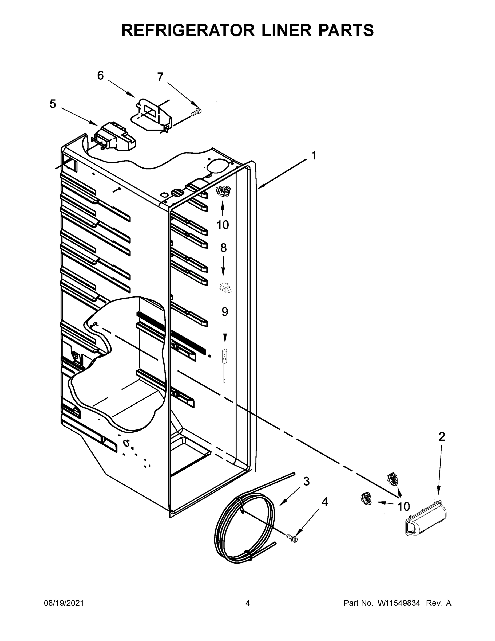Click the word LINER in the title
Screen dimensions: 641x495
[286, 30]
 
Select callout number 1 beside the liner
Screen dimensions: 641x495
[314, 155]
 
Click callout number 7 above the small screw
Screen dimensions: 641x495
[160, 77]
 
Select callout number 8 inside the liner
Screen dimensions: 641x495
[223, 248]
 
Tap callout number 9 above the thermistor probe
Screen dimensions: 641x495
[225, 312]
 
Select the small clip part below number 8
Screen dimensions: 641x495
[225, 287]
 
